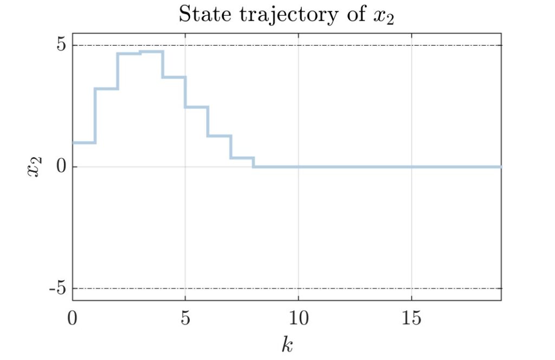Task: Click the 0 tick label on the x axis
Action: pos(73,318)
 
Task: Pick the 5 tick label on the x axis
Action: pos(185,318)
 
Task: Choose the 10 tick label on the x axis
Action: pos(298,318)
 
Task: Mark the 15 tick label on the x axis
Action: pos(411,318)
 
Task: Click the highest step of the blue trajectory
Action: pos(152,52)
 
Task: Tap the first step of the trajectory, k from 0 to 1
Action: pos(83,143)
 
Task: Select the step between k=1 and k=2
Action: pos(106,88)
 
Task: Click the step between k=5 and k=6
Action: pos(197,107)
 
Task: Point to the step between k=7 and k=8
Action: pos(242,158)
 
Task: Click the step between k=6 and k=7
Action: pos(220,136)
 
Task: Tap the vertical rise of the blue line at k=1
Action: pos(95,115)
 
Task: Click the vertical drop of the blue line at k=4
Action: pos(163,65)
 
